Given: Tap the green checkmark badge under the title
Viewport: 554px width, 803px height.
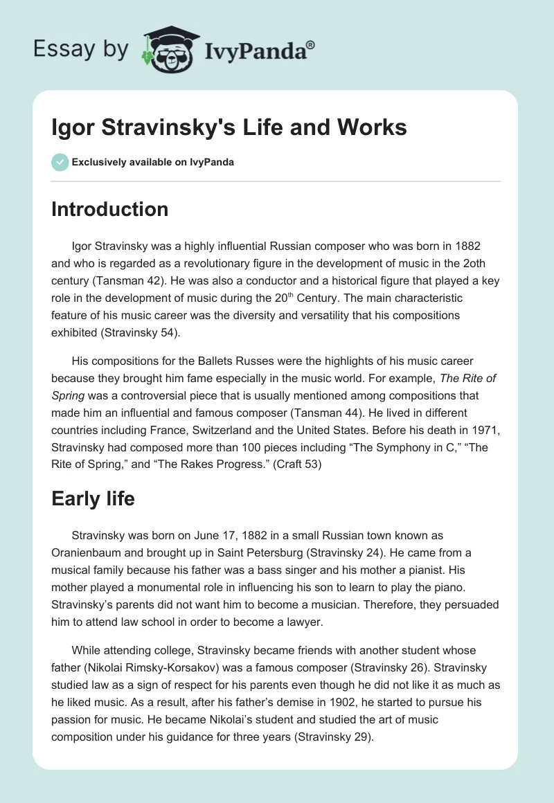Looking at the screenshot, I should pyautogui.click(x=60, y=162).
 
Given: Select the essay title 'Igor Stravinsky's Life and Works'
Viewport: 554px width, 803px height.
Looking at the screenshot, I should pyautogui.click(x=229, y=128).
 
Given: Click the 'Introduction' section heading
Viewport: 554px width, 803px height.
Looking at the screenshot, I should pyautogui.click(x=109, y=209).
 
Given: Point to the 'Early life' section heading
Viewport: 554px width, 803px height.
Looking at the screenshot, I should pyautogui.click(x=93, y=498).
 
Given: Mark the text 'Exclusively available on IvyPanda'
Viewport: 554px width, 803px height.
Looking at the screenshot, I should pyautogui.click(x=153, y=162).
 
